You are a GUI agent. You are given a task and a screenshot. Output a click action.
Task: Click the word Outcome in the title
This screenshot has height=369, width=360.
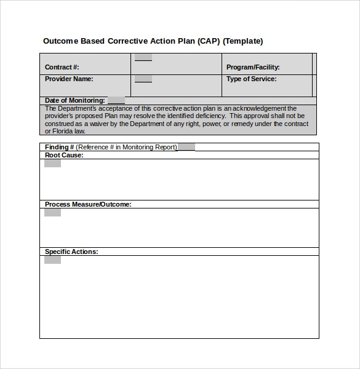(x=60, y=41)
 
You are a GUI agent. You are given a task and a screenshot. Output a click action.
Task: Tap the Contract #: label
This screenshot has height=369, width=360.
(x=62, y=67)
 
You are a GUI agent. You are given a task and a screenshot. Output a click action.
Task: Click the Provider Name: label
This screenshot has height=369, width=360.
(x=69, y=79)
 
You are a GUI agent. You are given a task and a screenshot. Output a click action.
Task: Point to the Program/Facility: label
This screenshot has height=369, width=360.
(x=253, y=67)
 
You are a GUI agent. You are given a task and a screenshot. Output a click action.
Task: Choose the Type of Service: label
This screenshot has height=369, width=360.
(x=251, y=79)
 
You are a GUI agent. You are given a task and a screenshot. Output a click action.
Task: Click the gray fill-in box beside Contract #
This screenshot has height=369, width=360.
(x=143, y=58)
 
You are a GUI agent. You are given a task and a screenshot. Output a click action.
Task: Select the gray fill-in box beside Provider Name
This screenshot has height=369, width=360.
(x=143, y=79)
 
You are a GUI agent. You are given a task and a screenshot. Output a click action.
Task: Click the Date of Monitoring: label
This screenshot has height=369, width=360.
(x=74, y=100)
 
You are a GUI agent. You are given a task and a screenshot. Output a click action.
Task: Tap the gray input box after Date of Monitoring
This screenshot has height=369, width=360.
(x=116, y=100)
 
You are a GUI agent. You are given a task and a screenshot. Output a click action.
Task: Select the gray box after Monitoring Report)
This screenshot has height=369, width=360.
(x=186, y=147)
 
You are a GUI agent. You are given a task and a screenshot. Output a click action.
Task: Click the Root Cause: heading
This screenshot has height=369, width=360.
(x=64, y=155)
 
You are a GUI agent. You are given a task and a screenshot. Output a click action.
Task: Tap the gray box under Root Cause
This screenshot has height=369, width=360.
(x=52, y=163)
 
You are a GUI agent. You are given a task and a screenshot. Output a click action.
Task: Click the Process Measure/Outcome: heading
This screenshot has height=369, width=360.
(x=88, y=204)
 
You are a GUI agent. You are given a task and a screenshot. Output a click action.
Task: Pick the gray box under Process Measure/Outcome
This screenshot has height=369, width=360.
(x=52, y=212)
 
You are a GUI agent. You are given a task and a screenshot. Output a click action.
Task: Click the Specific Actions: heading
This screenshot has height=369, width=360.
(x=71, y=252)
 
